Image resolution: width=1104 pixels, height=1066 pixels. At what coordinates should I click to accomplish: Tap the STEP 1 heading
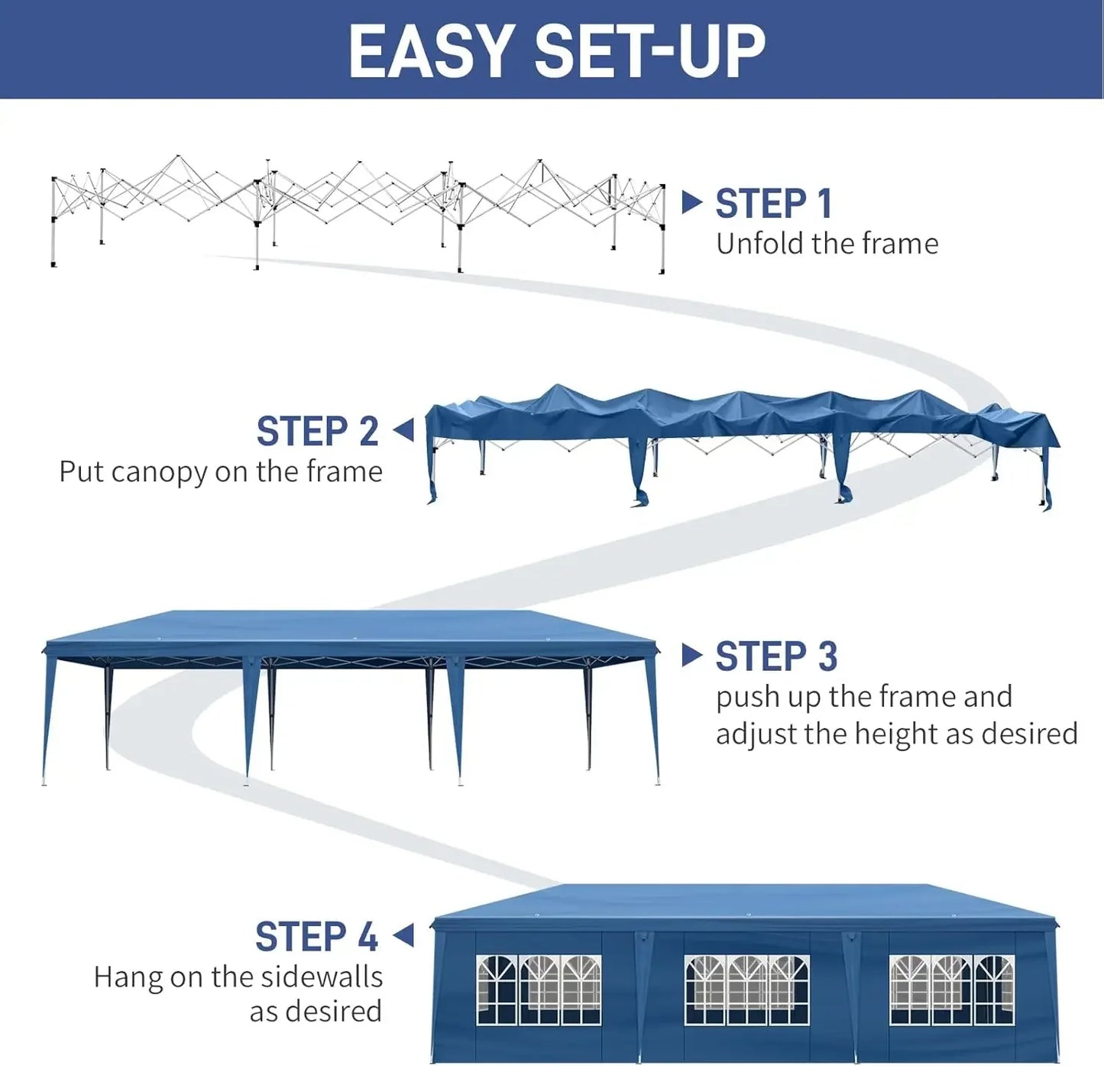coord(772,204)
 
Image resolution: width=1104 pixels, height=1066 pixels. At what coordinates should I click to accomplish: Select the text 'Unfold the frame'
coord(827,244)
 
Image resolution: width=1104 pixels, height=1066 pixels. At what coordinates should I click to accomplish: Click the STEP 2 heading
coord(317,432)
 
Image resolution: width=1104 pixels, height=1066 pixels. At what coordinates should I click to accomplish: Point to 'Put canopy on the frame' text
coord(221,471)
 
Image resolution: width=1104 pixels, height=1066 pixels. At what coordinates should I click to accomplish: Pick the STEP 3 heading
coord(775,657)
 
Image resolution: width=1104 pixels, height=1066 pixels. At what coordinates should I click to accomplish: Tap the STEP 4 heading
coord(316,937)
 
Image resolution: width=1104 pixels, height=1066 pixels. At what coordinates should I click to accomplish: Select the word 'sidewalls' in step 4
coord(321,977)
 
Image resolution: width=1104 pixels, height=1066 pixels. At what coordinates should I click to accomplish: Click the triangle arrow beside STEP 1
coord(691,203)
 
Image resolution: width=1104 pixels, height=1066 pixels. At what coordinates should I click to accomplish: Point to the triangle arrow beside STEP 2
coord(403,430)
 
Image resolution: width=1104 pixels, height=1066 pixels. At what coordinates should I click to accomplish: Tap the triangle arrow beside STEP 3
coord(691,655)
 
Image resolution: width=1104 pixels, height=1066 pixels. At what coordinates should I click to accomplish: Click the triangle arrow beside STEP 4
coord(403,935)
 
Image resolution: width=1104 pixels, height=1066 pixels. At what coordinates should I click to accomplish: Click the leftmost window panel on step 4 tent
coord(539,990)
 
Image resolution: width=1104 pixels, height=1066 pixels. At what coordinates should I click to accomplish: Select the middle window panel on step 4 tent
coord(746,990)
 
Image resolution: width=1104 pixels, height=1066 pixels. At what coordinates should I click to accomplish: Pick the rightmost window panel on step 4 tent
coord(952,990)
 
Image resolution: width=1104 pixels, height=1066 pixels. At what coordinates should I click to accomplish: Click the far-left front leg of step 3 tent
coord(47,718)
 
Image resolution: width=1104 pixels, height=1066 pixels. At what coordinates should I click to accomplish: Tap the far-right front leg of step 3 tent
coord(653,718)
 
